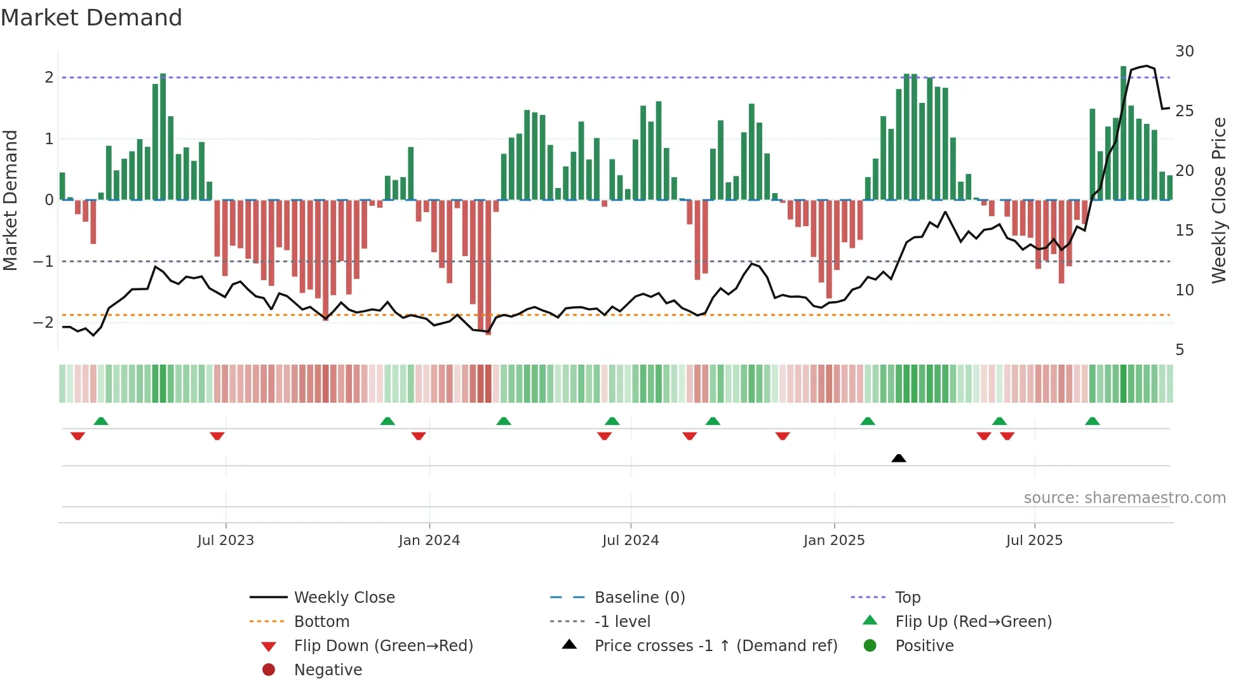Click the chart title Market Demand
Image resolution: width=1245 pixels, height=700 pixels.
pos(91,18)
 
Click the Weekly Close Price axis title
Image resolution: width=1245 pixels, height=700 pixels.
pos(1218,200)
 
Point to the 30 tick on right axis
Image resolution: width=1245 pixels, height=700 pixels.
pos(1184,51)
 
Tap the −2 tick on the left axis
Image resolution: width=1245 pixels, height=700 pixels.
pos(43,322)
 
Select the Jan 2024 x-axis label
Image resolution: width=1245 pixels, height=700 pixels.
pos(429,541)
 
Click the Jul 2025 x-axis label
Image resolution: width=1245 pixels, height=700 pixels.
pos(1033,541)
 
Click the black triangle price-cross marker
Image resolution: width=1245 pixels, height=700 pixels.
pos(898,458)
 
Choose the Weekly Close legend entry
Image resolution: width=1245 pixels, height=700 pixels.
pos(344,598)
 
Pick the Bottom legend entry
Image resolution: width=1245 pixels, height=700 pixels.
pos(321,622)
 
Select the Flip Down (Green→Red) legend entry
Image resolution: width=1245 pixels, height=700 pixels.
pos(383,646)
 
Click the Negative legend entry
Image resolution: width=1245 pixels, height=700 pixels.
pos(328,670)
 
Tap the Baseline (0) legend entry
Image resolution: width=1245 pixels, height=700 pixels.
pos(639,598)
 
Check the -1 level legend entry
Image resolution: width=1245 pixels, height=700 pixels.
pos(622,622)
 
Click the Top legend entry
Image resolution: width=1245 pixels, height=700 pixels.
pos(907,598)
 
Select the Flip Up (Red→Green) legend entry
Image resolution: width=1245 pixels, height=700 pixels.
pos(973,622)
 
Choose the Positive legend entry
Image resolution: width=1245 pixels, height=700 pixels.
pos(924,646)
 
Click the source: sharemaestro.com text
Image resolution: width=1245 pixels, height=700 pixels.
pos(1124,498)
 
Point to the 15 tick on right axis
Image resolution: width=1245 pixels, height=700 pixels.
pos(1184,231)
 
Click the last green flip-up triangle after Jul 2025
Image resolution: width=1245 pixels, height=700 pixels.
pos(1092,421)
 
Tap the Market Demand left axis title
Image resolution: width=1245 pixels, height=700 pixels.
pos(11,200)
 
